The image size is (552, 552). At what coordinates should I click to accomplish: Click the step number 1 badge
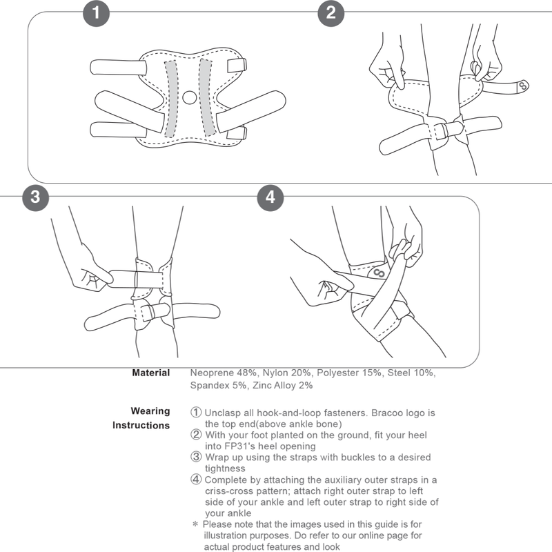(96, 13)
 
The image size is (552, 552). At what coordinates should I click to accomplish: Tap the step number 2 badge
(331, 13)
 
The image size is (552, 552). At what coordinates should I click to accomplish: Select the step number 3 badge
(36, 197)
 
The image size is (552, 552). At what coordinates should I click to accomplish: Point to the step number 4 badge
(270, 197)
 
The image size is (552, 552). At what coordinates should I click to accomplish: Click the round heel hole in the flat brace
(190, 97)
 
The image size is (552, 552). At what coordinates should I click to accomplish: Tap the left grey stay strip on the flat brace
(171, 99)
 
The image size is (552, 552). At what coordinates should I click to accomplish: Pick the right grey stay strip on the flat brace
(206, 97)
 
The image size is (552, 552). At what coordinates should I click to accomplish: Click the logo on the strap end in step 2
(524, 85)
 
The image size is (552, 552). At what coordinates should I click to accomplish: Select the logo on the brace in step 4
(379, 273)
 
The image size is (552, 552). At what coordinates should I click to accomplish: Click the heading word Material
(150, 373)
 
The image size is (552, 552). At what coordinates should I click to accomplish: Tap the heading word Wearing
(150, 411)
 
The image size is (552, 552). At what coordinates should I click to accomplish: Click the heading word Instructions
(141, 425)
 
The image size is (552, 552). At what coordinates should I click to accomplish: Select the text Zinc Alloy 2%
(283, 386)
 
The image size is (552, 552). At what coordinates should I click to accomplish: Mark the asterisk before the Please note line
(195, 524)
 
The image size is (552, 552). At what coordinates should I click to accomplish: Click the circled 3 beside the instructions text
(196, 457)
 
